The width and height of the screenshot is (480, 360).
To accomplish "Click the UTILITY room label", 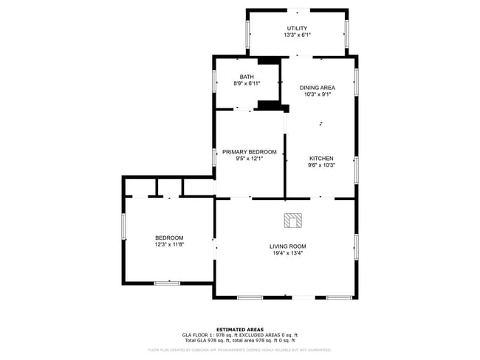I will (297, 28).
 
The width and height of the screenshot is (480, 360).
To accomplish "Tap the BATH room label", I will (247, 77).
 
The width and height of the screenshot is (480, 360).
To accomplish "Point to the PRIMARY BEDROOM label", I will (249, 152).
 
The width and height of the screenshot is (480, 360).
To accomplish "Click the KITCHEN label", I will (321, 159).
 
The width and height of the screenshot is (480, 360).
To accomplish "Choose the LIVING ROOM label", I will (287, 246).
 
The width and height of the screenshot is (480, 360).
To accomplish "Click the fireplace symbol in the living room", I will (293, 220).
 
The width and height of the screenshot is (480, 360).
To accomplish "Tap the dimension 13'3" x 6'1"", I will (297, 35).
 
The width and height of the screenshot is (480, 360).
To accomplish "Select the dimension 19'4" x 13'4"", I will (287, 253).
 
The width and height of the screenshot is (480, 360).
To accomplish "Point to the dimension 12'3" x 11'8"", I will (169, 244).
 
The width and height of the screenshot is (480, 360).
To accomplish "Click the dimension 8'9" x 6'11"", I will (247, 83).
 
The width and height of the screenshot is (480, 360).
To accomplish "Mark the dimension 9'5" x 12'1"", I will (249, 159).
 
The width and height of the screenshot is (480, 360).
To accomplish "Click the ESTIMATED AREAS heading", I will (239, 329).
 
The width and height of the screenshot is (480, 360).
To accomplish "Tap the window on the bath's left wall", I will (214, 81).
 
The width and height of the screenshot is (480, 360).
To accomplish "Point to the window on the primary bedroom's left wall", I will (214, 156).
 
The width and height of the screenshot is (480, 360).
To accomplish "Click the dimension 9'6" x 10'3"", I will (321, 165).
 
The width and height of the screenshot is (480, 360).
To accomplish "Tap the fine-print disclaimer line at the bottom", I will (239, 350).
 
